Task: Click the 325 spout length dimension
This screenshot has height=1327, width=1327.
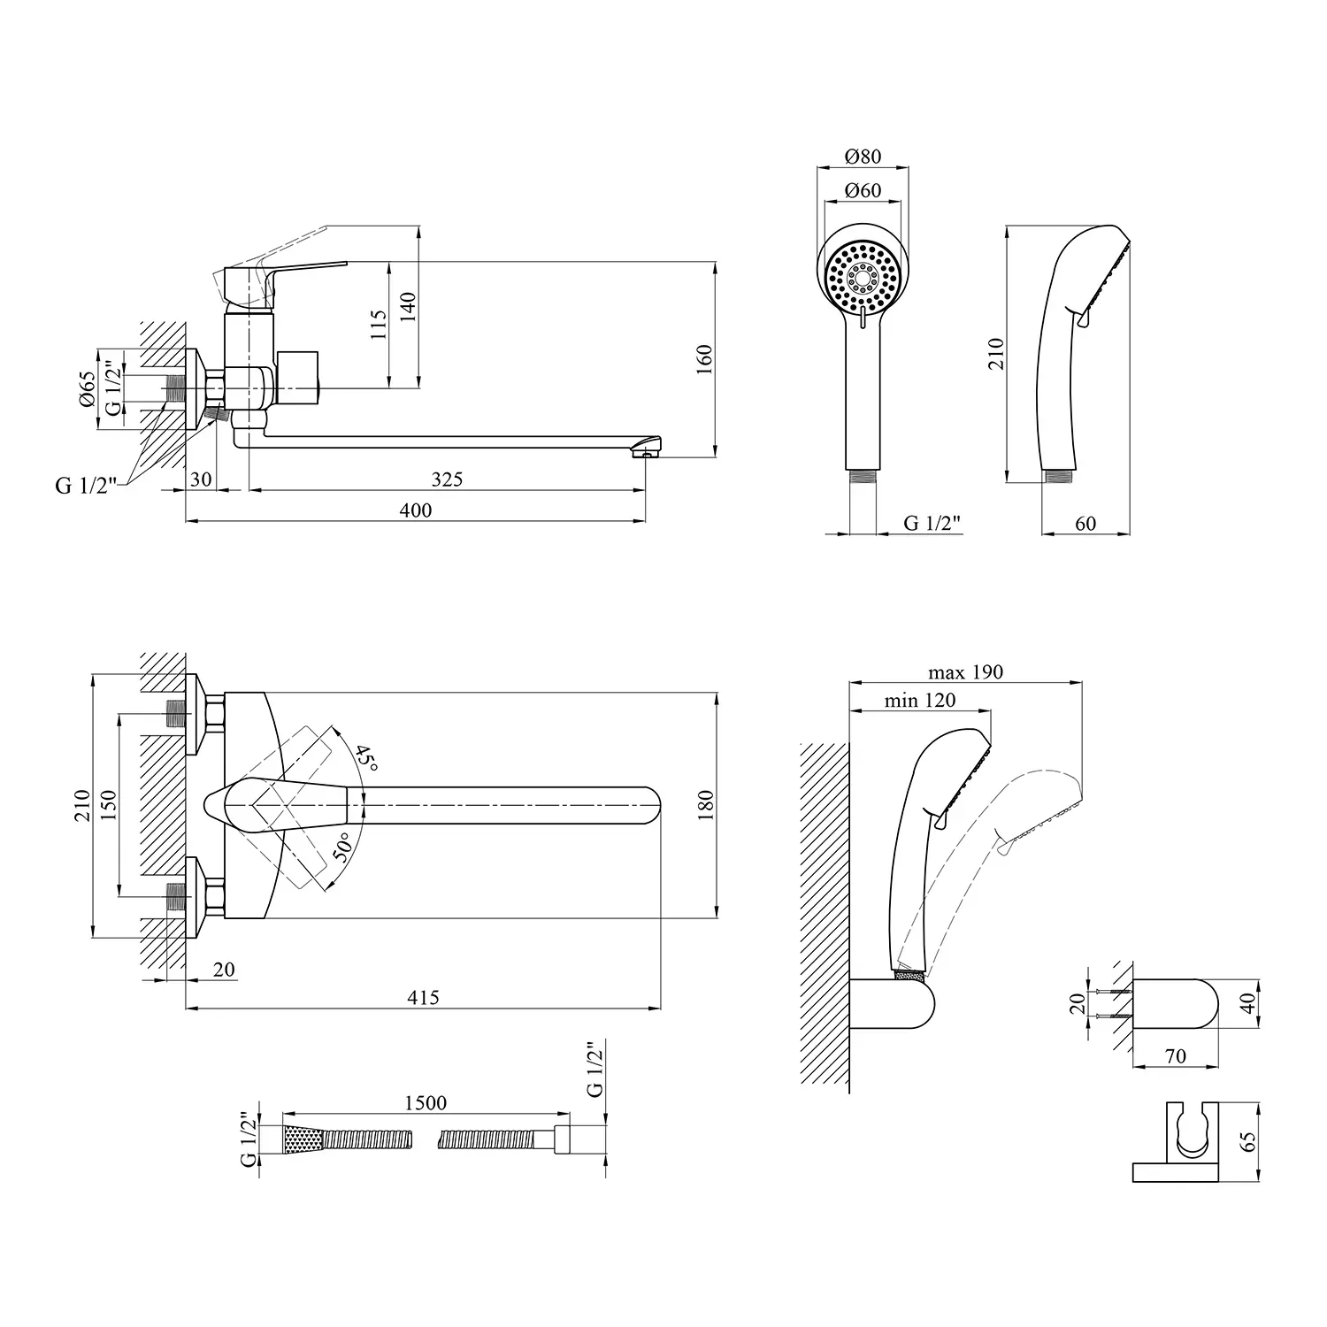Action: (x=447, y=479)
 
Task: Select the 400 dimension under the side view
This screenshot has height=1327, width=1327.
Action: (x=416, y=510)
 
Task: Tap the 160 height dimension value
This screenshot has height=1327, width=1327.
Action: (x=704, y=360)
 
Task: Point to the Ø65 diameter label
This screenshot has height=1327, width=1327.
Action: (x=86, y=387)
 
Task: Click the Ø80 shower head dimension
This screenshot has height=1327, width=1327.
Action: (x=863, y=157)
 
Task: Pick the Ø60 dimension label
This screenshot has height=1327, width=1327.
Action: (x=863, y=190)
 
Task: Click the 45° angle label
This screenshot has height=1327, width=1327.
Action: (x=366, y=758)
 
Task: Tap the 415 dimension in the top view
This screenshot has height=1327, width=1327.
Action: (x=423, y=997)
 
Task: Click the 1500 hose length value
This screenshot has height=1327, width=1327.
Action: (x=426, y=1103)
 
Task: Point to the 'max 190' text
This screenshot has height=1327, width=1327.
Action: (x=965, y=672)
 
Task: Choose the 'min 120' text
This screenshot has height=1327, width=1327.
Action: (x=920, y=701)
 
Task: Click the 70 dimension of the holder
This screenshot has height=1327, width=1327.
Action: (x=1176, y=1056)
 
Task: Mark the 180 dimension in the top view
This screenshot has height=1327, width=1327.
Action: (x=704, y=805)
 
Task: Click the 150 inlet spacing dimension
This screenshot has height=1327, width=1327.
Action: (x=107, y=805)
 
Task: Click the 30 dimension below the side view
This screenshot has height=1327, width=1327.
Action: (x=202, y=479)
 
